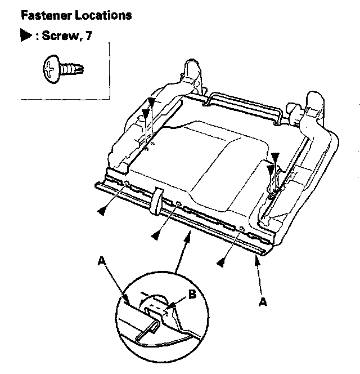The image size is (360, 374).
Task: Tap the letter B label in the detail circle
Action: [193, 293]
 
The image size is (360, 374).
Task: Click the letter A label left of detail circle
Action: [102, 260]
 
